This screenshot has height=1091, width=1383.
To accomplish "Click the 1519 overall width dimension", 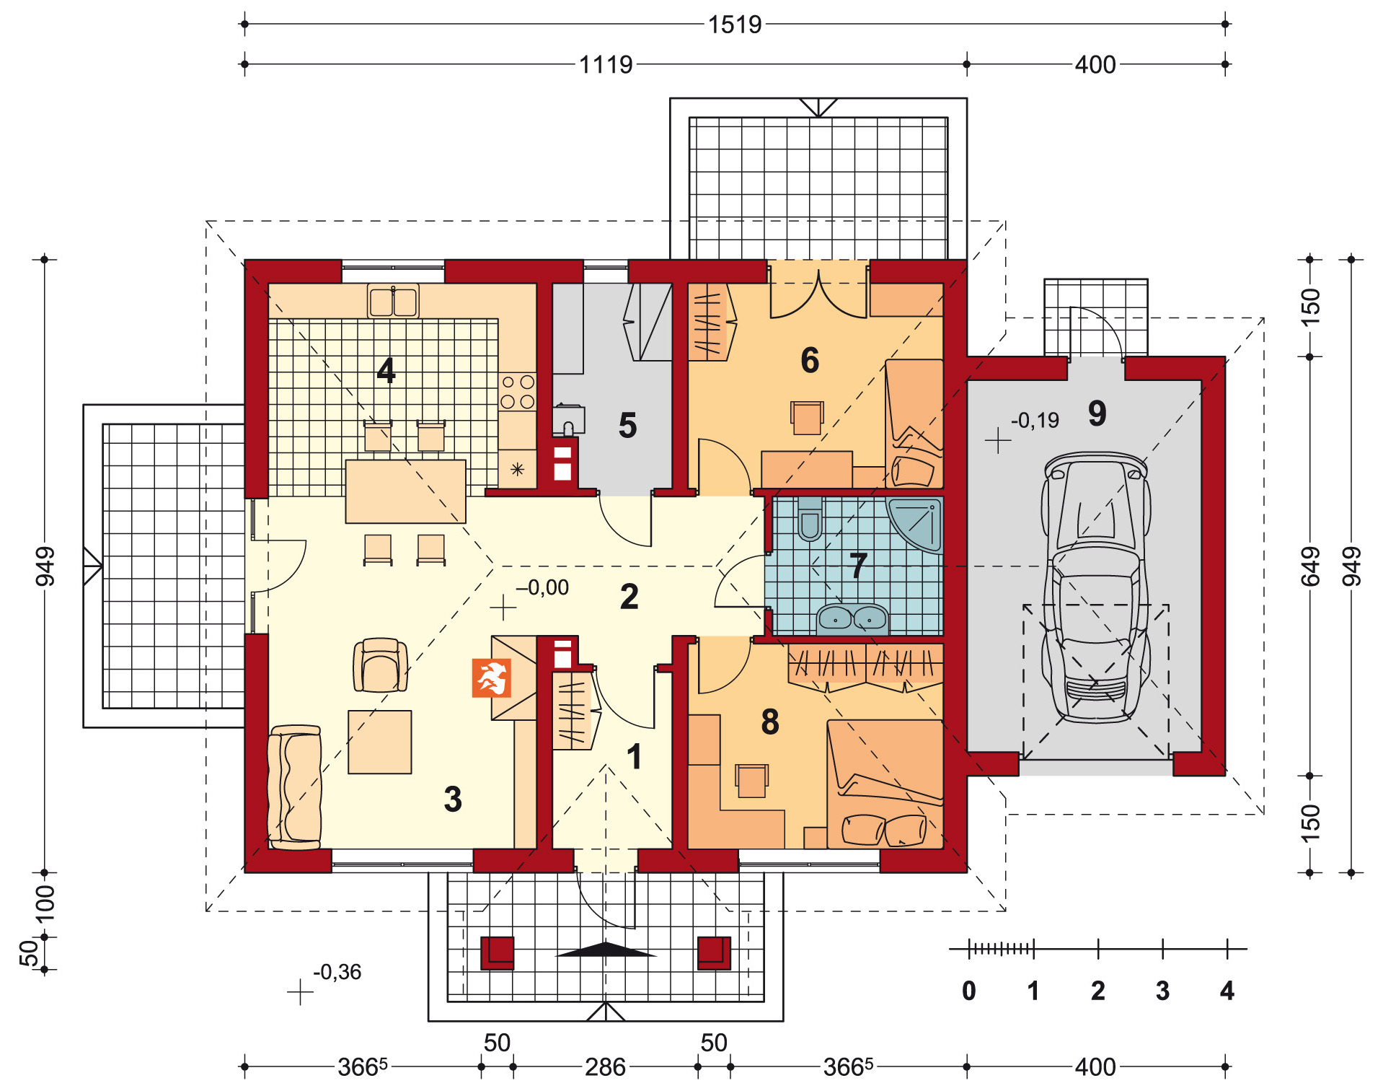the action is (x=734, y=25).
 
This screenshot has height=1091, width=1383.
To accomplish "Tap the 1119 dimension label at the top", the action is (x=606, y=65).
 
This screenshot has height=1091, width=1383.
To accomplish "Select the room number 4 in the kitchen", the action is (x=386, y=371).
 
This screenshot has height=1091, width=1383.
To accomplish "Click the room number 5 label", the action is (x=627, y=426).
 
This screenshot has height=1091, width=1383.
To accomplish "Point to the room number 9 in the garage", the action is (x=1097, y=413).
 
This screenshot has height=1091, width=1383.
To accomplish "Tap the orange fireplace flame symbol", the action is (x=491, y=678).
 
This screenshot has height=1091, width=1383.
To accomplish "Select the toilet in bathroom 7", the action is (x=810, y=518).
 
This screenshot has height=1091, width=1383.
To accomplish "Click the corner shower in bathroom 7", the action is (x=914, y=524).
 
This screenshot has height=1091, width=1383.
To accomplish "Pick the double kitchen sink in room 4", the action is (x=393, y=301).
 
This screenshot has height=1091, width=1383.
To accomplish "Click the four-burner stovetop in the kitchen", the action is (x=518, y=392).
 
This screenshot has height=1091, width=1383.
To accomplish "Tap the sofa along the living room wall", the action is (x=294, y=787).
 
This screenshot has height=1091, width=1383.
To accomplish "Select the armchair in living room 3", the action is (x=380, y=665).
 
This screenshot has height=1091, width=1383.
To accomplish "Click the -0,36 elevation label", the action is (x=337, y=972).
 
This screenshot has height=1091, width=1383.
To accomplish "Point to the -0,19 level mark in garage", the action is (x=1035, y=420).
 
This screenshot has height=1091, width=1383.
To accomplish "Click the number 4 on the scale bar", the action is (x=1227, y=991).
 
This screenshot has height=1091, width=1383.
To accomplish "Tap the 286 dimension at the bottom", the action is (x=605, y=1067).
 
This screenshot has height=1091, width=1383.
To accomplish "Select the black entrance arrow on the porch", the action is (x=606, y=950).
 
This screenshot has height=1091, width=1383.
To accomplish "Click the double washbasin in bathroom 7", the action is (x=852, y=619).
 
